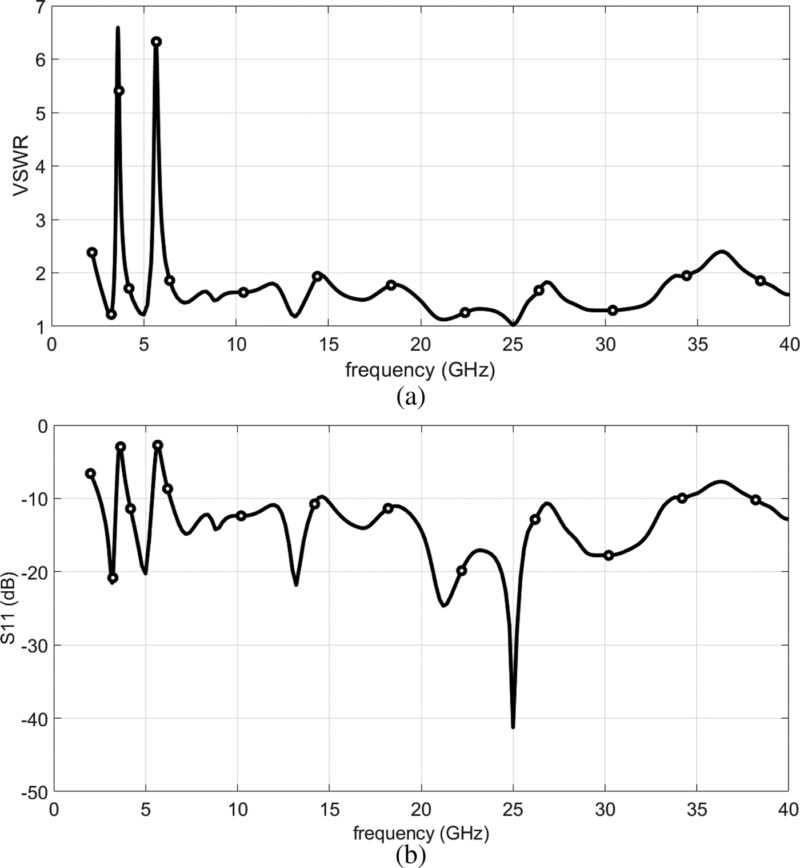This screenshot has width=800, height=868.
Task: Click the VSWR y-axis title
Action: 21,166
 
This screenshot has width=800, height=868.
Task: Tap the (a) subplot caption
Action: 410,396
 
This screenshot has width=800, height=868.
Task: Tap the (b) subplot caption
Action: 410,855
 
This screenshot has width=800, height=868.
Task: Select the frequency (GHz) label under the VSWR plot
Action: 420,370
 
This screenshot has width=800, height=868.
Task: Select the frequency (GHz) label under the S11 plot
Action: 421,833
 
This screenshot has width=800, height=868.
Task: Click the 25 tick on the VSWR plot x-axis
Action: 513,344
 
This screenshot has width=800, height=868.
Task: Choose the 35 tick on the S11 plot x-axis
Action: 697,810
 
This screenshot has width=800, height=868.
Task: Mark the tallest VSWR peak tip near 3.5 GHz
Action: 118,28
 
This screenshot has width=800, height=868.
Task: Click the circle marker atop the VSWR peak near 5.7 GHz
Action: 156,42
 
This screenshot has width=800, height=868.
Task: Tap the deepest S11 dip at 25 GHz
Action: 513,726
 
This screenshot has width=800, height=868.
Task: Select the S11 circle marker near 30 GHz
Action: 609,555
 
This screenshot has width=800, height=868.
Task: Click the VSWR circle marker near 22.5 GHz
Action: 465,312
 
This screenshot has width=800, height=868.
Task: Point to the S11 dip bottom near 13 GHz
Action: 296,584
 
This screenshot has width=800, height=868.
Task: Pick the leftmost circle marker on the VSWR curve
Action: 92,252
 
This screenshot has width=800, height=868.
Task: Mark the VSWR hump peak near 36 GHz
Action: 722,252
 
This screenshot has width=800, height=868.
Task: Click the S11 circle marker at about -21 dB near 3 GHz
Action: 113,578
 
